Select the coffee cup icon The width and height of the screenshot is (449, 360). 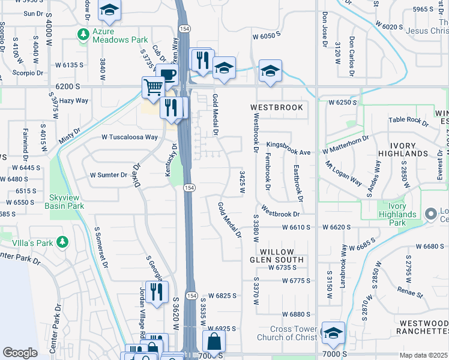[x=167, y=75]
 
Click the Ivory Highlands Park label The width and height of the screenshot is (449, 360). [x=397, y=214]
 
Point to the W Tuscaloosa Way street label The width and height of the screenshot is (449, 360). [x=129, y=137]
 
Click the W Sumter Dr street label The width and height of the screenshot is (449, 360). [x=109, y=175]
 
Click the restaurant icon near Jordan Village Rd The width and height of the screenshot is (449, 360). [x=157, y=293]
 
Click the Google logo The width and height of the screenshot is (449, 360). [x=20, y=353]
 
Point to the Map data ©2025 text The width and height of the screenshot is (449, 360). [x=423, y=355]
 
